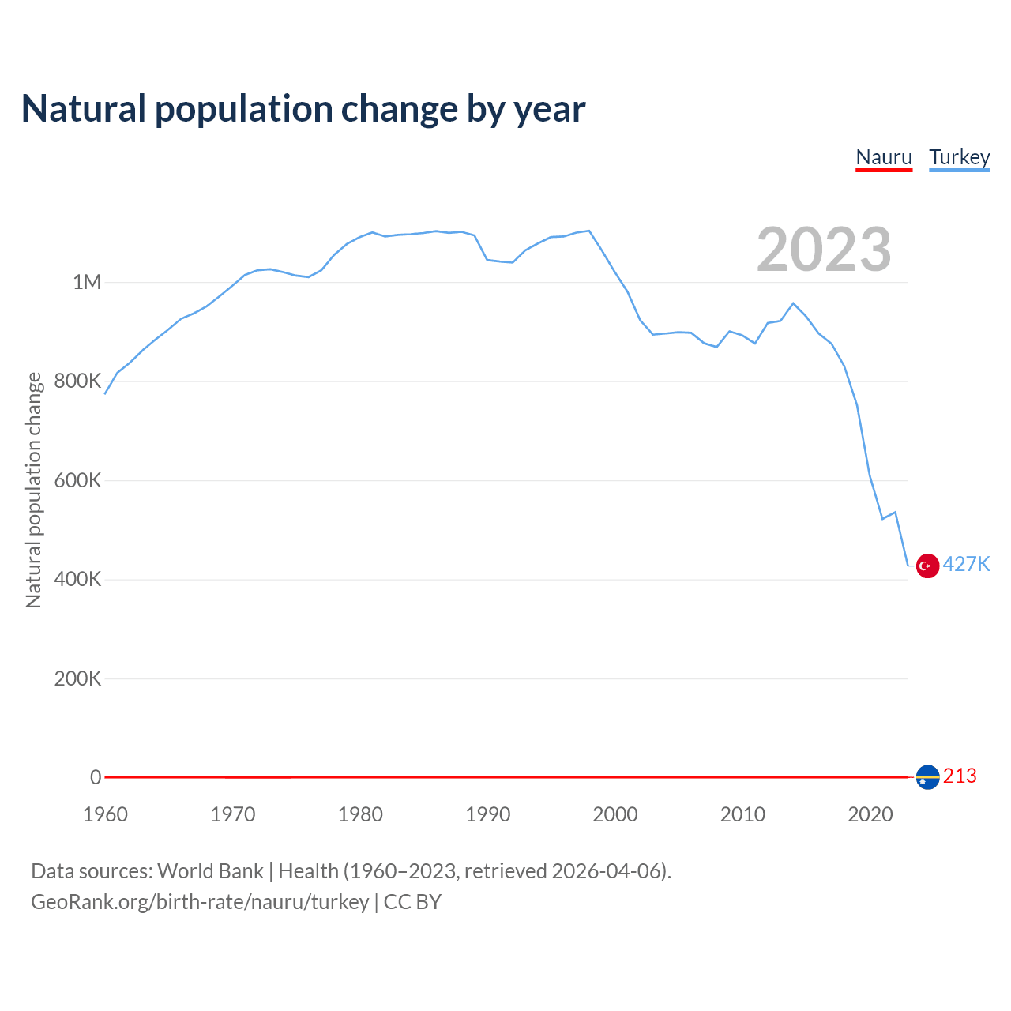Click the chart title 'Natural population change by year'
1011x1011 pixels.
tap(303, 109)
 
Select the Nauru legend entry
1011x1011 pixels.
tap(884, 157)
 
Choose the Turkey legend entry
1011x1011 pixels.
tap(959, 157)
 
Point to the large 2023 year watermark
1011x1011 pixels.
tap(824, 250)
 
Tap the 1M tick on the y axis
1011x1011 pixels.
tap(87, 283)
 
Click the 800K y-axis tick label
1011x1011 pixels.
tap(78, 381)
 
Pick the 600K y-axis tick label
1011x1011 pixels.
tap(78, 480)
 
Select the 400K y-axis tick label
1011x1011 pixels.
tap(78, 580)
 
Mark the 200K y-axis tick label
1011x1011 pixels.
tap(78, 678)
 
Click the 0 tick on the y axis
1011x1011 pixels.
tap(96, 777)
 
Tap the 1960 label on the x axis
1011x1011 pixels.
tap(105, 814)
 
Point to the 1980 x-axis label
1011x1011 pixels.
tap(360, 814)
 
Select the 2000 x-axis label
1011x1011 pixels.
tap(615, 814)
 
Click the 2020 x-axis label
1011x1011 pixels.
tap(870, 814)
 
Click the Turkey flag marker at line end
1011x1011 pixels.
tap(927, 566)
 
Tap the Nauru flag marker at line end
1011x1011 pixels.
tap(927, 777)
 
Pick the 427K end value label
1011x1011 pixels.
tap(966, 564)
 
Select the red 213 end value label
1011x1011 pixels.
tap(960, 776)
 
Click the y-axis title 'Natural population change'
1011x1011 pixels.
tap(34, 490)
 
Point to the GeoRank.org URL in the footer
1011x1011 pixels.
tap(200, 902)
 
